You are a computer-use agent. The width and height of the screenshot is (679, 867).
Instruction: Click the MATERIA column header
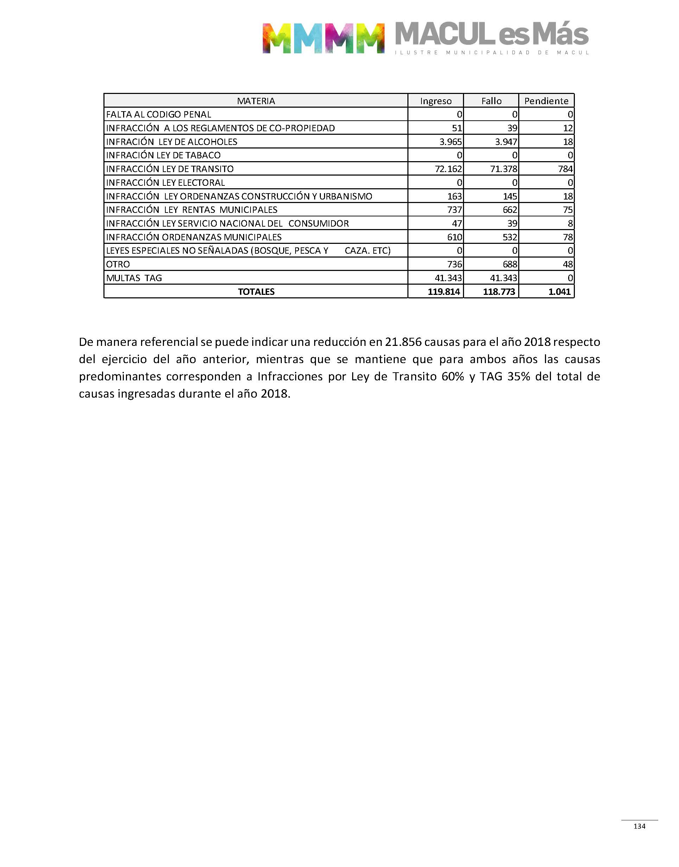(x=256, y=101)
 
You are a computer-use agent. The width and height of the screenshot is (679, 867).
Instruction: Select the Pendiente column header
(x=546, y=101)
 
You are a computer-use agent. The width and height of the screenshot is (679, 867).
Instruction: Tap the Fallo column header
(x=491, y=101)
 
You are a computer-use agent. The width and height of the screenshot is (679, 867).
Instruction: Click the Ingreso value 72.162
(x=449, y=169)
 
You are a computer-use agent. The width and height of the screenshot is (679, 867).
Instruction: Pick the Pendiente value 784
(x=565, y=169)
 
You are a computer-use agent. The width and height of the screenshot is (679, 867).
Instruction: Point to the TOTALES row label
(x=256, y=292)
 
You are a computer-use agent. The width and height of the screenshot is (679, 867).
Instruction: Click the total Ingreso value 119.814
(x=444, y=292)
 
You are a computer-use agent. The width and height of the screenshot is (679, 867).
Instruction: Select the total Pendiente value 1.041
(x=559, y=292)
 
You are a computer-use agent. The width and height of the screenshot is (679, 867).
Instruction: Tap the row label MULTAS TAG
(x=134, y=278)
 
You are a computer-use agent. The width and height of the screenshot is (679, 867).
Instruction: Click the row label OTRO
(x=118, y=264)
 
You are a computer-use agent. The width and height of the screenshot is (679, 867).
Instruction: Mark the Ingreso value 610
(x=455, y=237)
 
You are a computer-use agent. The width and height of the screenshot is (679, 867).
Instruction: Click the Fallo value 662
(x=510, y=210)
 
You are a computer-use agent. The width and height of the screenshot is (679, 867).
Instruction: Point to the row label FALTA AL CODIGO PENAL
(x=159, y=114)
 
